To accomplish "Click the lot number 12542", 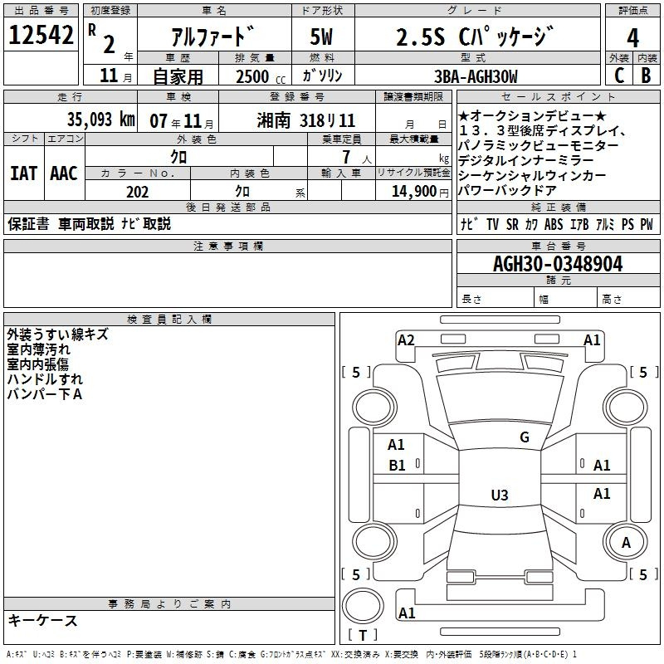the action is pyautogui.click(x=41, y=35).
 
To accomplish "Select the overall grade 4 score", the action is pyautogui.click(x=632, y=38).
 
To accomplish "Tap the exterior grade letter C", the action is pyautogui.click(x=619, y=76).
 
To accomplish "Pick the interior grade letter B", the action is pyautogui.click(x=646, y=76).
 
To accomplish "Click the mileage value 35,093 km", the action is pyautogui.click(x=101, y=120).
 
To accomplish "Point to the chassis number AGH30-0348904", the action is pyautogui.click(x=558, y=264).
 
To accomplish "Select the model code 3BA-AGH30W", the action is pyautogui.click(x=476, y=76).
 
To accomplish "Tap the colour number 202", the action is pyautogui.click(x=137, y=192).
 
